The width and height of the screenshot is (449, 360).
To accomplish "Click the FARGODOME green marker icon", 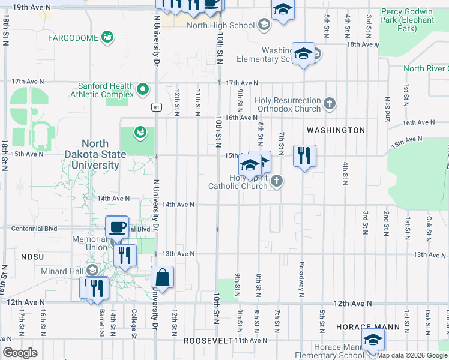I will (107, 38).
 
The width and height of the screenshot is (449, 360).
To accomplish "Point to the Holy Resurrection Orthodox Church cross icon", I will (329, 104).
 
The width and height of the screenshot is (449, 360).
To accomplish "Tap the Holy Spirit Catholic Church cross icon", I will (276, 181).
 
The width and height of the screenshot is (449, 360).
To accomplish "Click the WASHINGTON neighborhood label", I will (336, 130).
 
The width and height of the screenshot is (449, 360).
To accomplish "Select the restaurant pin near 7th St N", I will (304, 156).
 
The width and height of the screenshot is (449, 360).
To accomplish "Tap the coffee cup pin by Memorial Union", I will (117, 227).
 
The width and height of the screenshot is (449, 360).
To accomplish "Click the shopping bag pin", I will (162, 278).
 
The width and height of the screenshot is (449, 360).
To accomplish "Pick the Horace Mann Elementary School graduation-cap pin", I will (373, 340).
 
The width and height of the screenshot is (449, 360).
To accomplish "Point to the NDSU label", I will (33, 256).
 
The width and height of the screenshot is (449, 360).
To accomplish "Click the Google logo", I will (20, 353).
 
